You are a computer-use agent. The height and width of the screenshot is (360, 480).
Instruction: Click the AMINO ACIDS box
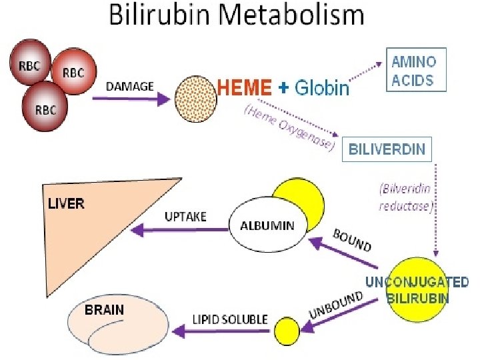(413, 71)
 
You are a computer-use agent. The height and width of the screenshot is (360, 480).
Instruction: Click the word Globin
(322, 88)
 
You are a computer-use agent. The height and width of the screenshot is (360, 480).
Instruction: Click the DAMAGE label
(130, 86)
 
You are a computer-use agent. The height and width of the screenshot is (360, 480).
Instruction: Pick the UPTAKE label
(185, 217)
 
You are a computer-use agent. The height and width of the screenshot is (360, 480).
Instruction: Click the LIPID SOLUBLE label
(230, 319)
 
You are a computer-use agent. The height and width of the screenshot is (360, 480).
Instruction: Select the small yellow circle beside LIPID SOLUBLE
(288, 330)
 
